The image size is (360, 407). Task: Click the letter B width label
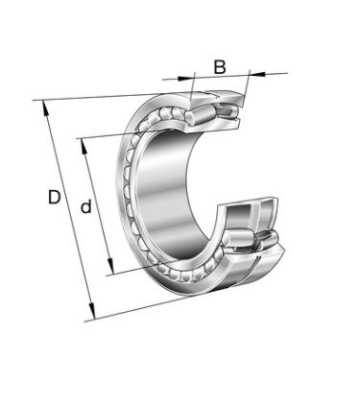[220, 67]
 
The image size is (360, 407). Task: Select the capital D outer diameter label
[55, 197]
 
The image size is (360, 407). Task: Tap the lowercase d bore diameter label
[86, 206]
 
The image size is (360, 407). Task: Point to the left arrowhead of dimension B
[185, 78]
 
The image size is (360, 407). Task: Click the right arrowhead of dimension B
[257, 74]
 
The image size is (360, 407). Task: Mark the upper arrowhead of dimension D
[46, 109]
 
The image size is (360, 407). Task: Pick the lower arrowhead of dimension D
[92, 311]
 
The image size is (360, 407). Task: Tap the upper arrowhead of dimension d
[84, 147]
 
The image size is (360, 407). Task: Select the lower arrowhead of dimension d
[110, 266]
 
